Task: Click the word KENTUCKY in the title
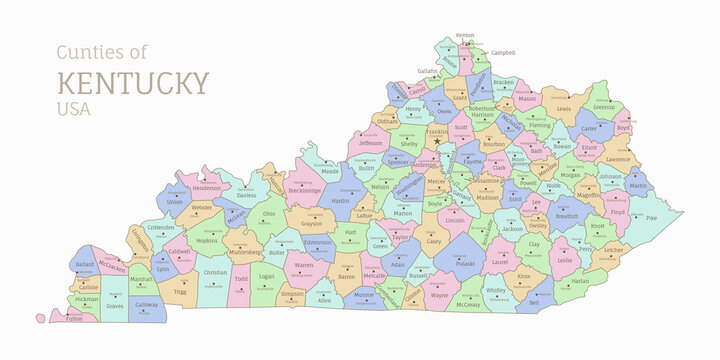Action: point(133,81)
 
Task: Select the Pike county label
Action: point(650,217)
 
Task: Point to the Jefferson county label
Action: point(370,143)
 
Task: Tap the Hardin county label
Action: point(340,200)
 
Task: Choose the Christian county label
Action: point(215,272)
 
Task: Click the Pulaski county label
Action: point(465,264)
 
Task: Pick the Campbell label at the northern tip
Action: point(502,52)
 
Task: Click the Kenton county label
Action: point(465,35)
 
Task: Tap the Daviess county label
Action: point(246,195)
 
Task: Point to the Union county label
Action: point(175,201)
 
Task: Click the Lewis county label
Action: point(564,108)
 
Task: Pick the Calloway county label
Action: point(146,304)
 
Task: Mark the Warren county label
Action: point(304,266)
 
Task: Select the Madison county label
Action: point(487,197)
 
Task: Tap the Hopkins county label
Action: point(206,240)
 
